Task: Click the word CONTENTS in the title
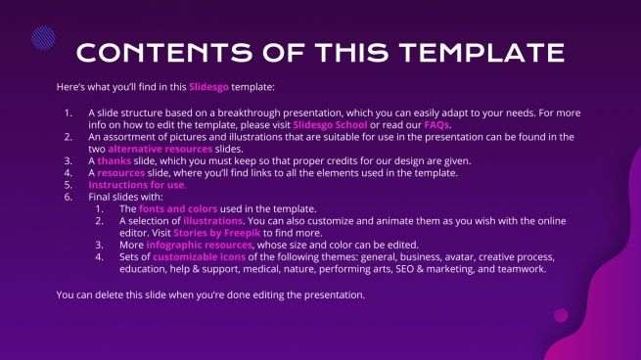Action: tap(161, 52)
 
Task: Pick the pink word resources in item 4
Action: tap(121, 173)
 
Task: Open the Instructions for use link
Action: tap(136, 185)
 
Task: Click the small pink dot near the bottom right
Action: tap(561, 315)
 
